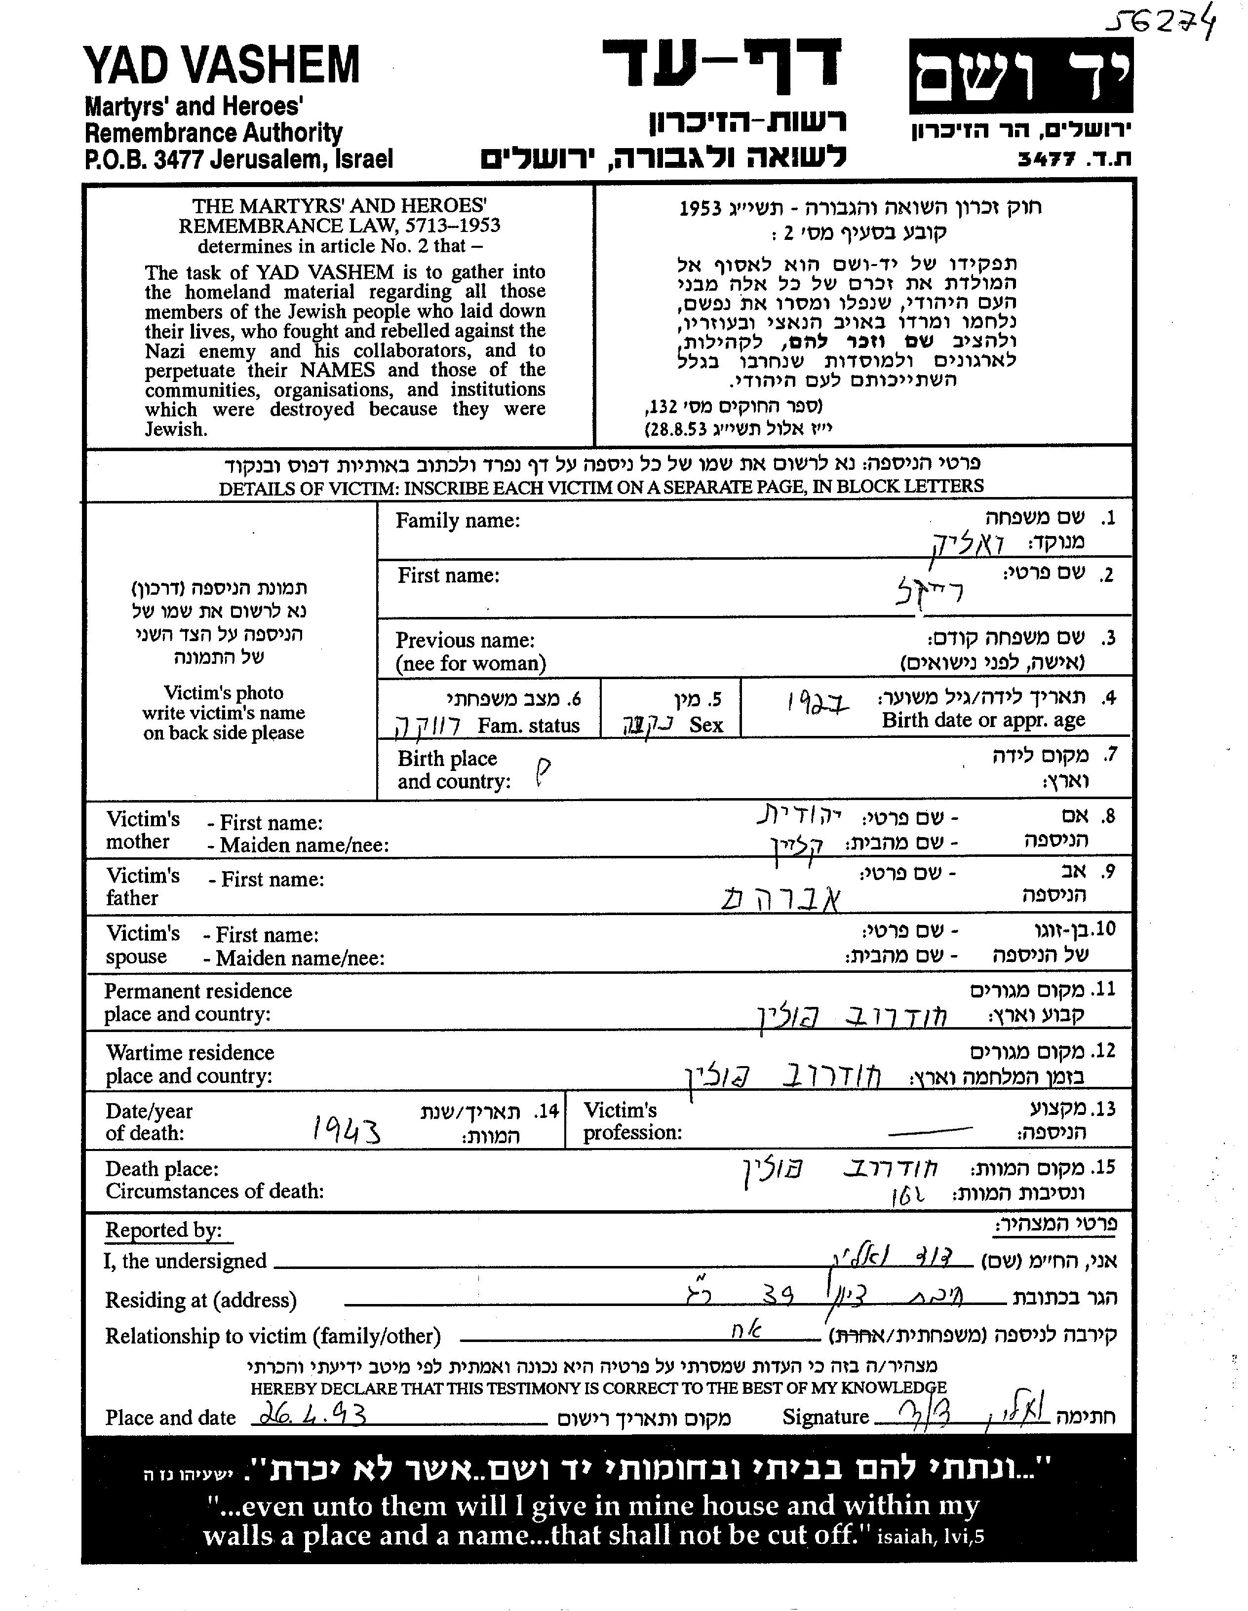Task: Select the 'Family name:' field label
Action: pos(457,521)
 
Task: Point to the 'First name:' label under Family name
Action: pos(448,575)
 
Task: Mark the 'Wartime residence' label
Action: pos(190,1053)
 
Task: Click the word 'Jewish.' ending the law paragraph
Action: pos(176,429)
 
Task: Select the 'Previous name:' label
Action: pos(465,640)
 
